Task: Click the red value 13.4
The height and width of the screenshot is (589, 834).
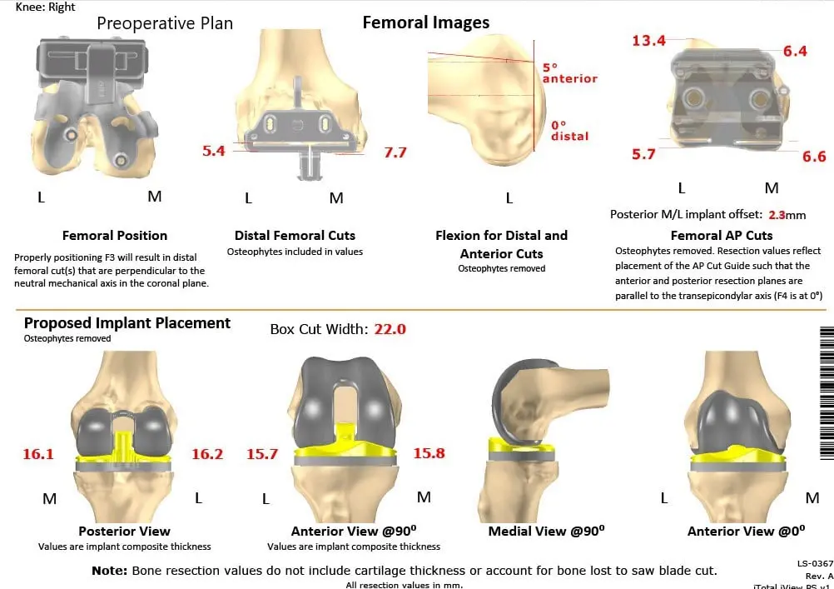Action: click(648, 41)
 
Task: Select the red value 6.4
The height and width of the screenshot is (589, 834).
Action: click(795, 51)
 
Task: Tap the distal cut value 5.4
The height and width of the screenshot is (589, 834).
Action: click(214, 151)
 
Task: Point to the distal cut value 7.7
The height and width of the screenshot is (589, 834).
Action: click(395, 152)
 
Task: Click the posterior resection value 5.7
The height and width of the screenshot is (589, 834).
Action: click(643, 154)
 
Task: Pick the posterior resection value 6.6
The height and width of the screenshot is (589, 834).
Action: click(814, 156)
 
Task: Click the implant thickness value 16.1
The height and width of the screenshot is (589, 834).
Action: click(37, 454)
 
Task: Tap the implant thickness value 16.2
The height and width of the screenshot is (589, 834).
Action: click(207, 454)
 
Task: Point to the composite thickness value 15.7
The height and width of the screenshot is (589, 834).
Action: click(261, 454)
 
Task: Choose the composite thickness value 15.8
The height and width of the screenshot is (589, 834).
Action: click(429, 453)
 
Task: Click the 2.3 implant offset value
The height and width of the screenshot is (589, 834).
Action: click(777, 215)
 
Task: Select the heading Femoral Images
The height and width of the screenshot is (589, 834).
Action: click(425, 23)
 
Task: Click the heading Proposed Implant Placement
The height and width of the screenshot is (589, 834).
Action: click(127, 323)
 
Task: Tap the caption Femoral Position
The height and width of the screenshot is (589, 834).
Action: click(115, 236)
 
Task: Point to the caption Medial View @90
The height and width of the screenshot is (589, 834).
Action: click(546, 531)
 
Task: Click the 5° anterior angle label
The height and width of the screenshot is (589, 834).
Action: click(569, 72)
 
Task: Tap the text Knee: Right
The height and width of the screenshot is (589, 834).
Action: click(45, 7)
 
